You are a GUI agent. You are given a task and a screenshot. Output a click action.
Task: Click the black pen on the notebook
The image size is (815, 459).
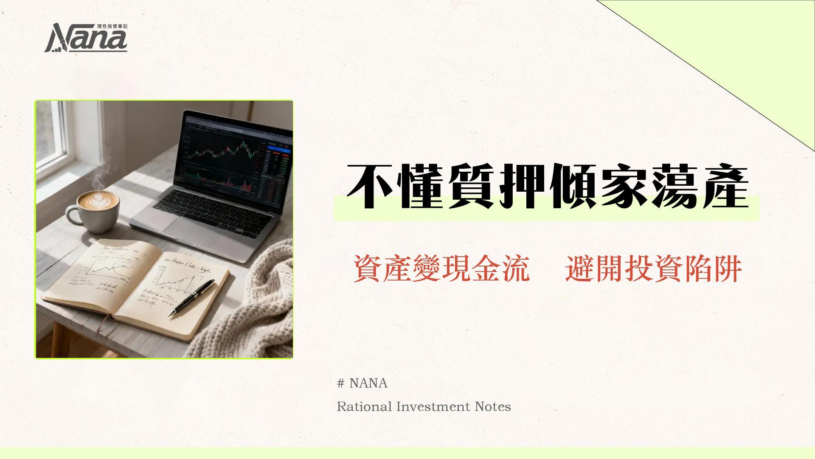click(x=191, y=297)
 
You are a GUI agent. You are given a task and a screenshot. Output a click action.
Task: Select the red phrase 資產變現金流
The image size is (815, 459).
click(x=441, y=269)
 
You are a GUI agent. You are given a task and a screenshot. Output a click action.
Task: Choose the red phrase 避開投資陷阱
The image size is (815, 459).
click(x=653, y=269)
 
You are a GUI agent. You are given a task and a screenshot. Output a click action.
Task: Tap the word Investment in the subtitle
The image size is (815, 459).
click(x=433, y=407)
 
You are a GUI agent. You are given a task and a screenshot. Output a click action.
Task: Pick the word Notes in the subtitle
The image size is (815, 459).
click(x=493, y=407)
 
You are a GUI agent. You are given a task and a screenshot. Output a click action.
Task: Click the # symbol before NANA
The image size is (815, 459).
click(x=340, y=383)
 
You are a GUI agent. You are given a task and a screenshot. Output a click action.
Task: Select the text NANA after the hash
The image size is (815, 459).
click(x=368, y=383)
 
